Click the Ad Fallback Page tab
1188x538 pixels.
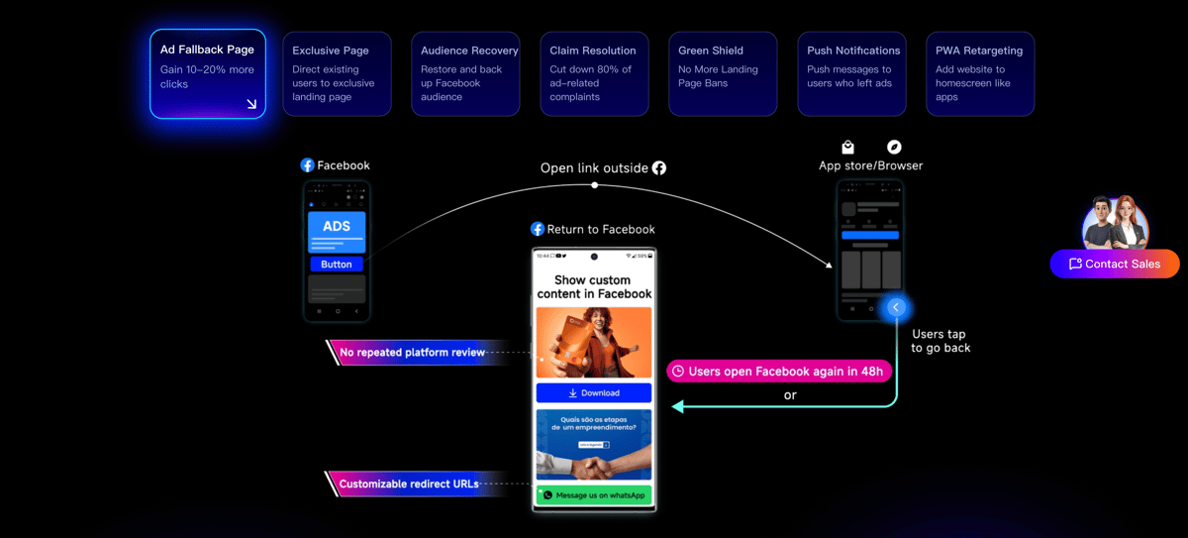(208, 74)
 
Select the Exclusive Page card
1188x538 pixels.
(337, 74)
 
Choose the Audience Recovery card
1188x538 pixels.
(465, 74)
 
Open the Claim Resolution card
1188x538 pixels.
(594, 74)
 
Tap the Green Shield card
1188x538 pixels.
(723, 74)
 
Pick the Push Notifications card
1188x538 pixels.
(851, 74)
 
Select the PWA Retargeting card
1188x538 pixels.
(980, 74)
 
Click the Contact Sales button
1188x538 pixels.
(1115, 264)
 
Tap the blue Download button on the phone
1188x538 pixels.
(594, 393)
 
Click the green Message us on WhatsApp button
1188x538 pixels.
(594, 494)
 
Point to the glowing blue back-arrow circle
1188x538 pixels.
(896, 308)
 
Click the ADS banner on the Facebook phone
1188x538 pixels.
(337, 227)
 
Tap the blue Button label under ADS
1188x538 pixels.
(337, 265)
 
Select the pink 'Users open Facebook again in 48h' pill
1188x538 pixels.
(779, 371)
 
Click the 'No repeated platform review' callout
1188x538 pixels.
(412, 353)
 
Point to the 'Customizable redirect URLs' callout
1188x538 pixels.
(408, 484)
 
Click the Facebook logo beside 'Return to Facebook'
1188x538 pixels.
(538, 229)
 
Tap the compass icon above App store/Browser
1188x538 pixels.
(894, 148)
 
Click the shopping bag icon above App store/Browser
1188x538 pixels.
(848, 148)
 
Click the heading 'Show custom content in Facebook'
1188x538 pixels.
(594, 287)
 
